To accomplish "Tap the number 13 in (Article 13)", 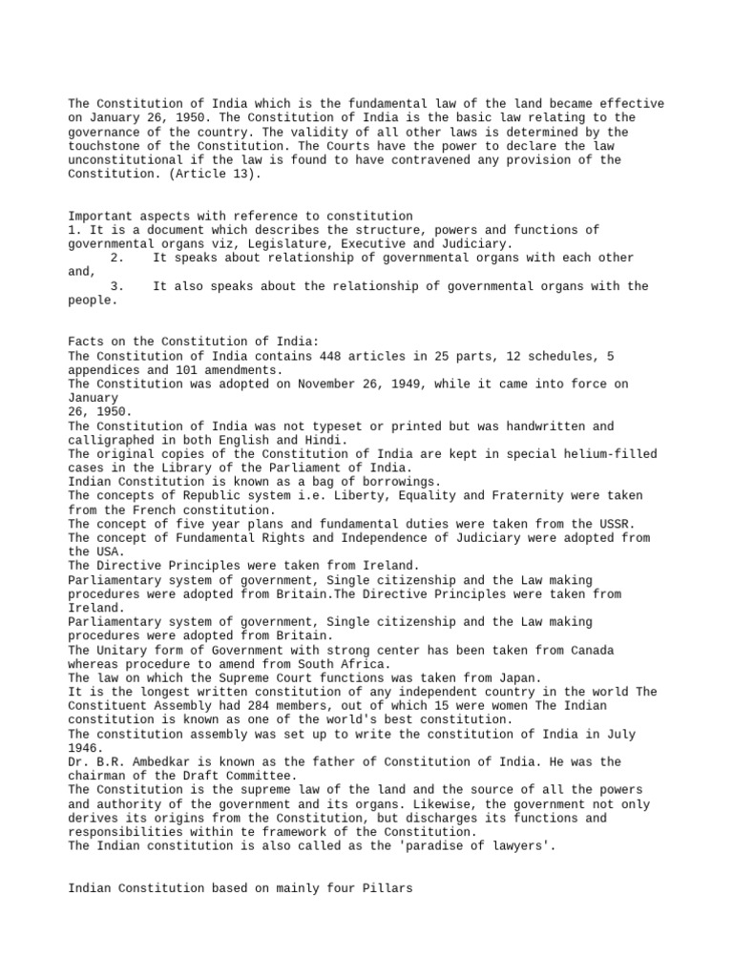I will (241, 174).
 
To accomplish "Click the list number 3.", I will (116, 285).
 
